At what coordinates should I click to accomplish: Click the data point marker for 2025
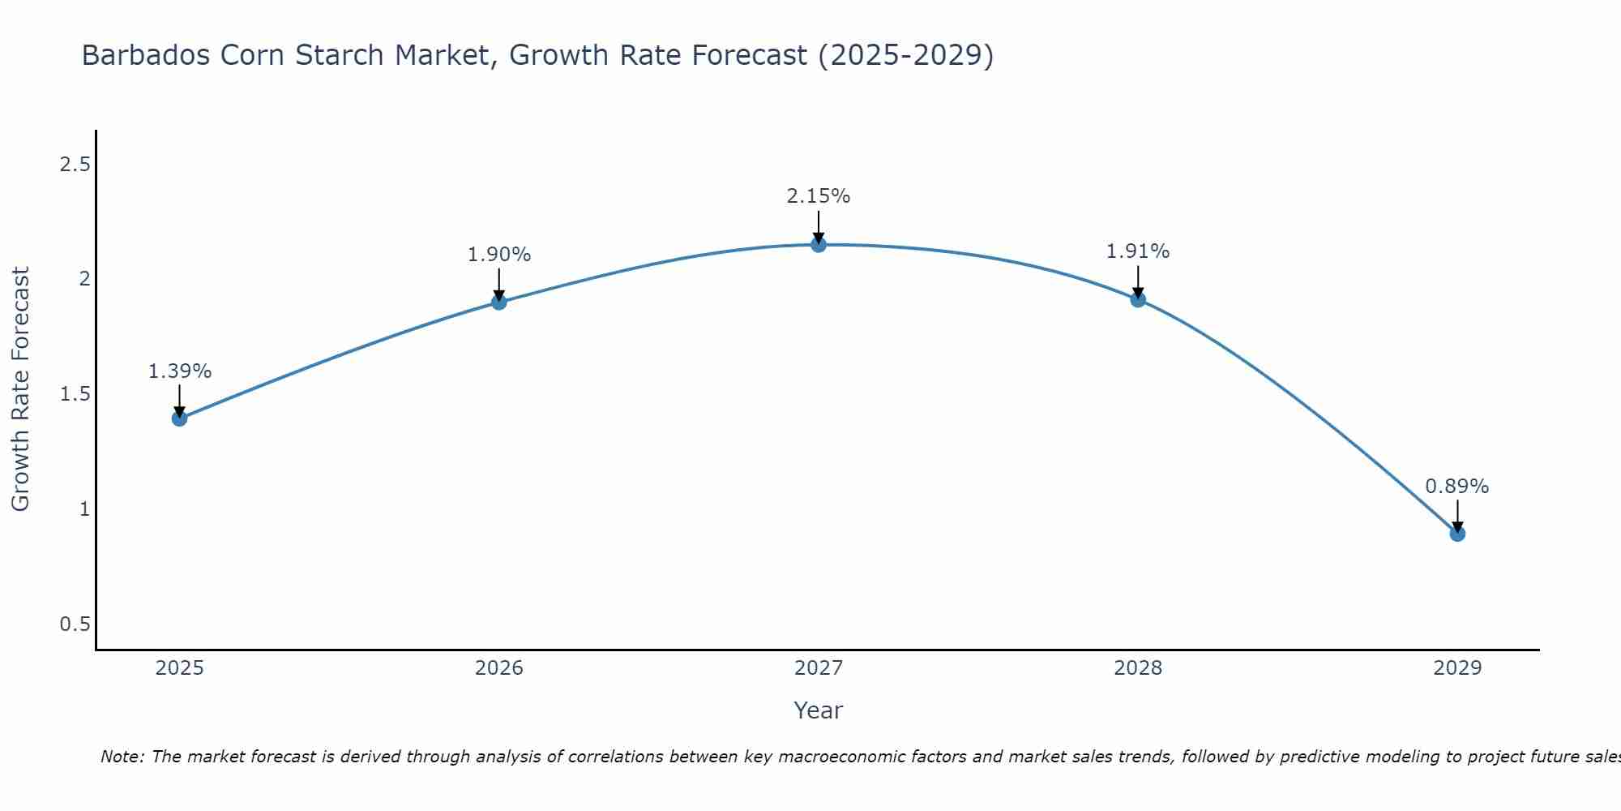pyautogui.click(x=179, y=418)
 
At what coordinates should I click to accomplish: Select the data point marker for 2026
pyautogui.click(x=499, y=302)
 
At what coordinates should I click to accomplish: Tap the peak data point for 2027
pyautogui.click(x=819, y=244)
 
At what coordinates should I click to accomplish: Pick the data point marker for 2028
pyautogui.click(x=1138, y=299)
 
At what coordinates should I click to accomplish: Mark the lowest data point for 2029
pyautogui.click(x=1457, y=534)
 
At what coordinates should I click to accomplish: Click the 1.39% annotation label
pyautogui.click(x=179, y=371)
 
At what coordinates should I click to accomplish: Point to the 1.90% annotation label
pyautogui.click(x=499, y=255)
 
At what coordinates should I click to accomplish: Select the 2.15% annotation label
pyautogui.click(x=819, y=196)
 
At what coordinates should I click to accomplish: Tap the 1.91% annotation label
pyautogui.click(x=1138, y=251)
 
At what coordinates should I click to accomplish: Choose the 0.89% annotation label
pyautogui.click(x=1457, y=487)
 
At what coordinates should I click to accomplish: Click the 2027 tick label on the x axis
pyautogui.click(x=819, y=668)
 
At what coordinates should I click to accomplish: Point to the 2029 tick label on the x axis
pyautogui.click(x=1457, y=668)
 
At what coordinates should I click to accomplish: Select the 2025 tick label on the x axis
pyautogui.click(x=179, y=668)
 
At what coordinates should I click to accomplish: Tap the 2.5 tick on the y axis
pyautogui.click(x=75, y=165)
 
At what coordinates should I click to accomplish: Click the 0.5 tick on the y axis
pyautogui.click(x=75, y=624)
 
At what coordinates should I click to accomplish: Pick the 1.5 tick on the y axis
pyautogui.click(x=75, y=394)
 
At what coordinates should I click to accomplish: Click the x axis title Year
pyautogui.click(x=819, y=710)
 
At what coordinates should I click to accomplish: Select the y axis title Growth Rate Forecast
pyautogui.click(x=20, y=389)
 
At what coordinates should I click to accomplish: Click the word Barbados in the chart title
pyautogui.click(x=142, y=55)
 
